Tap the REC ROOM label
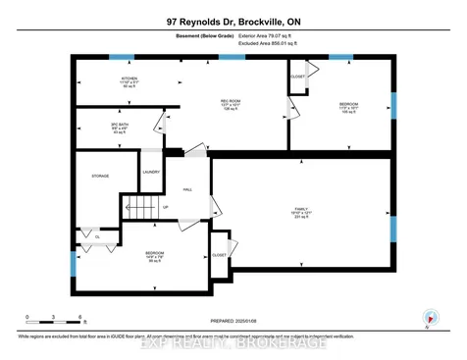coord(231,101)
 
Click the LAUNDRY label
coord(151,173)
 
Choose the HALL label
coord(187,190)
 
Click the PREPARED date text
coord(233,321)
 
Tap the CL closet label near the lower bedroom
coord(97,236)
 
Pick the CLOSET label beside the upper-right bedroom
coord(298,77)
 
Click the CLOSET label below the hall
coord(219,254)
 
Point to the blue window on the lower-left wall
coord(73,263)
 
